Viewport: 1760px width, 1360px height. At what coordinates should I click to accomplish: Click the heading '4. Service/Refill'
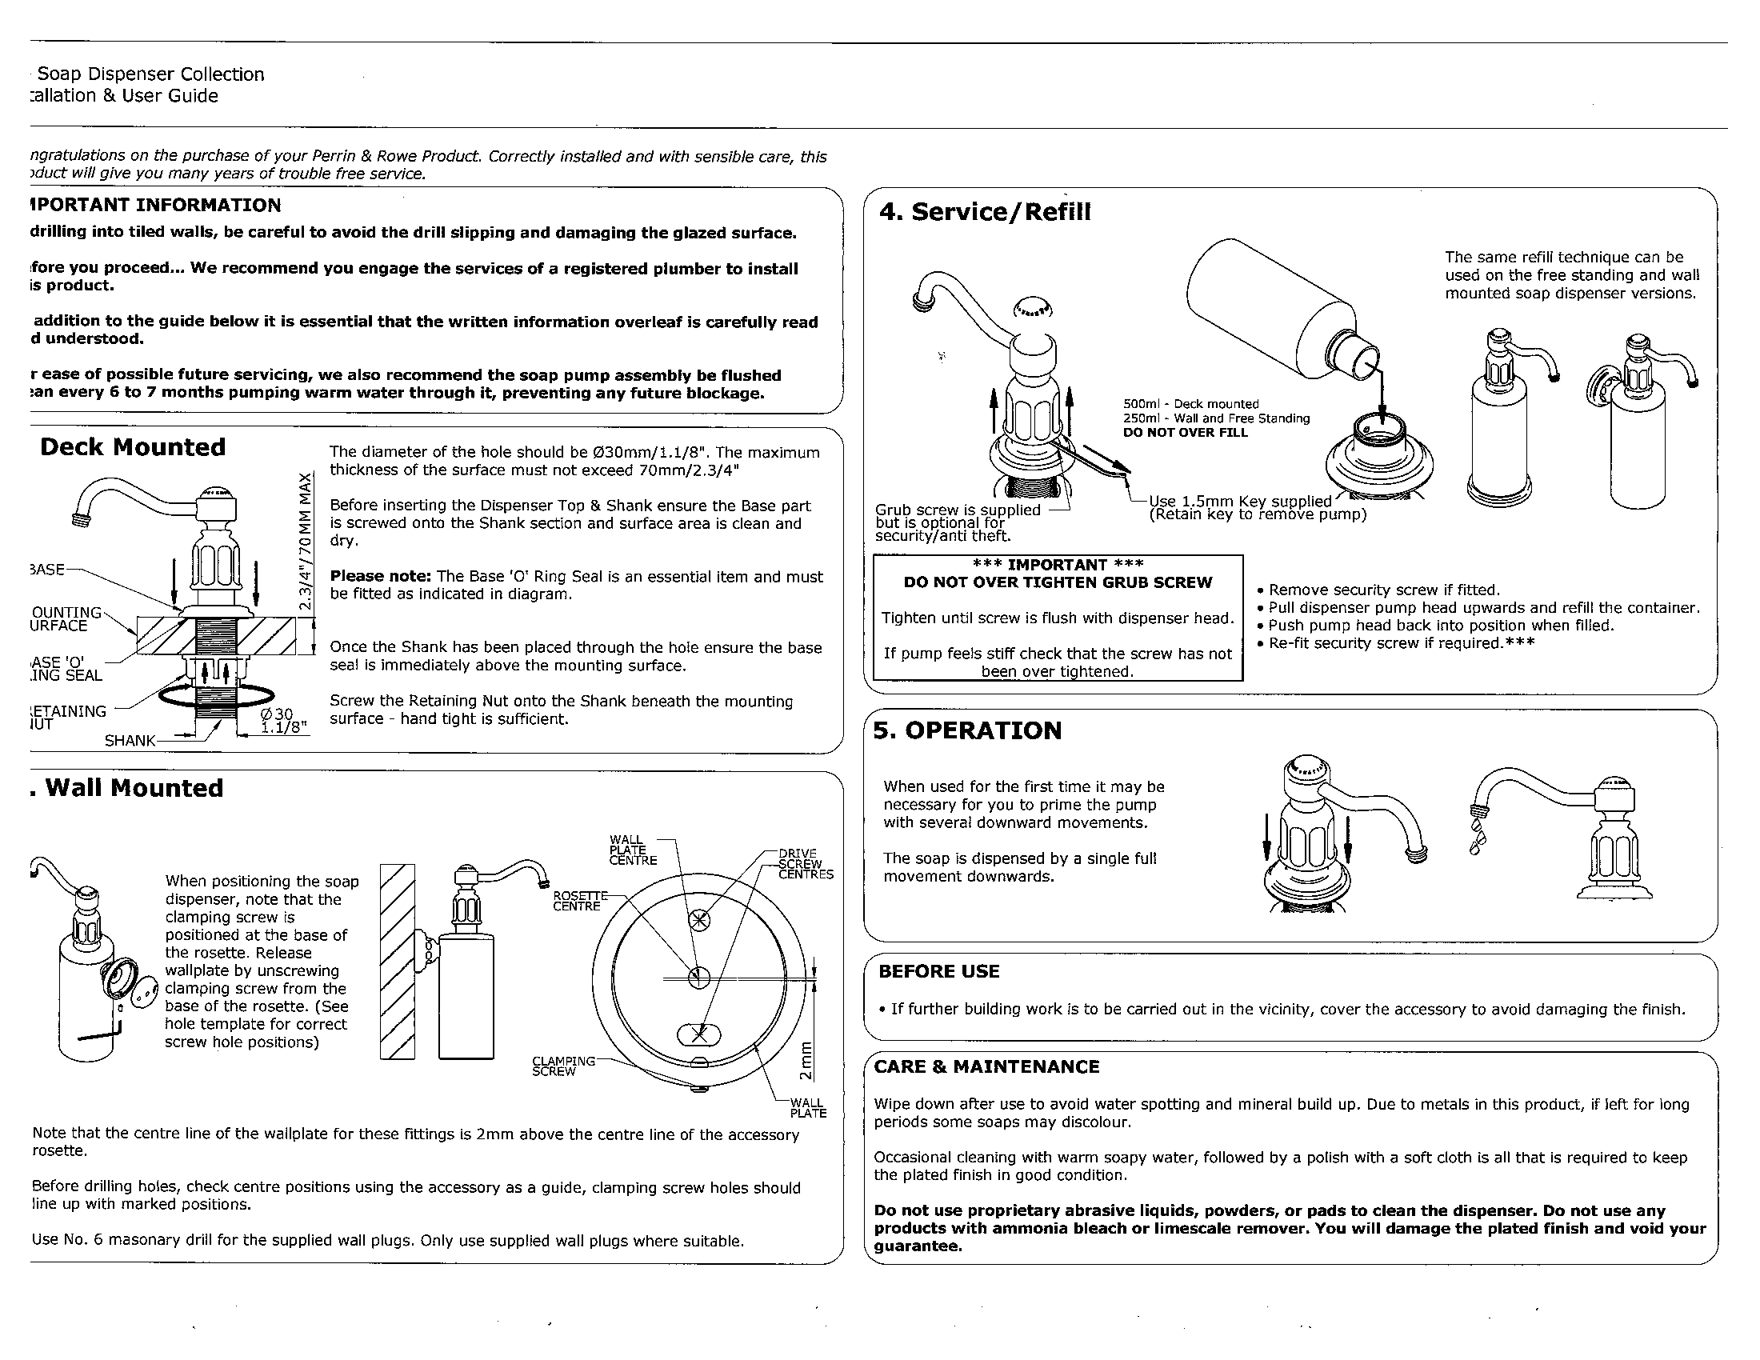coord(984,212)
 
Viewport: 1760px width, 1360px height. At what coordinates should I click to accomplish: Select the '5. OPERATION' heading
coord(967,730)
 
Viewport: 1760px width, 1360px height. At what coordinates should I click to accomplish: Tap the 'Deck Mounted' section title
coord(133,447)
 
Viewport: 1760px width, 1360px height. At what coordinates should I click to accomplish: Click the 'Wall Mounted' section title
coord(134,788)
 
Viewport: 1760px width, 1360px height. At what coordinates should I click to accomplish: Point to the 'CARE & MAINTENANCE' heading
coord(986,1066)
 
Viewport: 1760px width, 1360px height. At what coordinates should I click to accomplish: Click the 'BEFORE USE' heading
coord(939,972)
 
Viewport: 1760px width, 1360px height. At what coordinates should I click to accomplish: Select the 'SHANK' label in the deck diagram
coord(129,741)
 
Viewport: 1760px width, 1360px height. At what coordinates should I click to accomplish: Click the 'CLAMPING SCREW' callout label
coord(562,1066)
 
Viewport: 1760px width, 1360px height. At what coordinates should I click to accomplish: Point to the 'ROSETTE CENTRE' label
coord(577,901)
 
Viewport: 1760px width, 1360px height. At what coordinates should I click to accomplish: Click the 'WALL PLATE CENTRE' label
coord(633,850)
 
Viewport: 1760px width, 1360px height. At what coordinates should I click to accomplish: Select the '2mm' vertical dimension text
coord(805,1062)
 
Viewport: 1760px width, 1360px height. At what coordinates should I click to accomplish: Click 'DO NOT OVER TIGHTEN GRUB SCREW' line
coord(1058,582)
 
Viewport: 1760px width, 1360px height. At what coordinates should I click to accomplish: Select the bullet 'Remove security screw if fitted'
coord(1384,590)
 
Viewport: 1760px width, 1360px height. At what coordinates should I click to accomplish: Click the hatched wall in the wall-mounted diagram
coord(397,960)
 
